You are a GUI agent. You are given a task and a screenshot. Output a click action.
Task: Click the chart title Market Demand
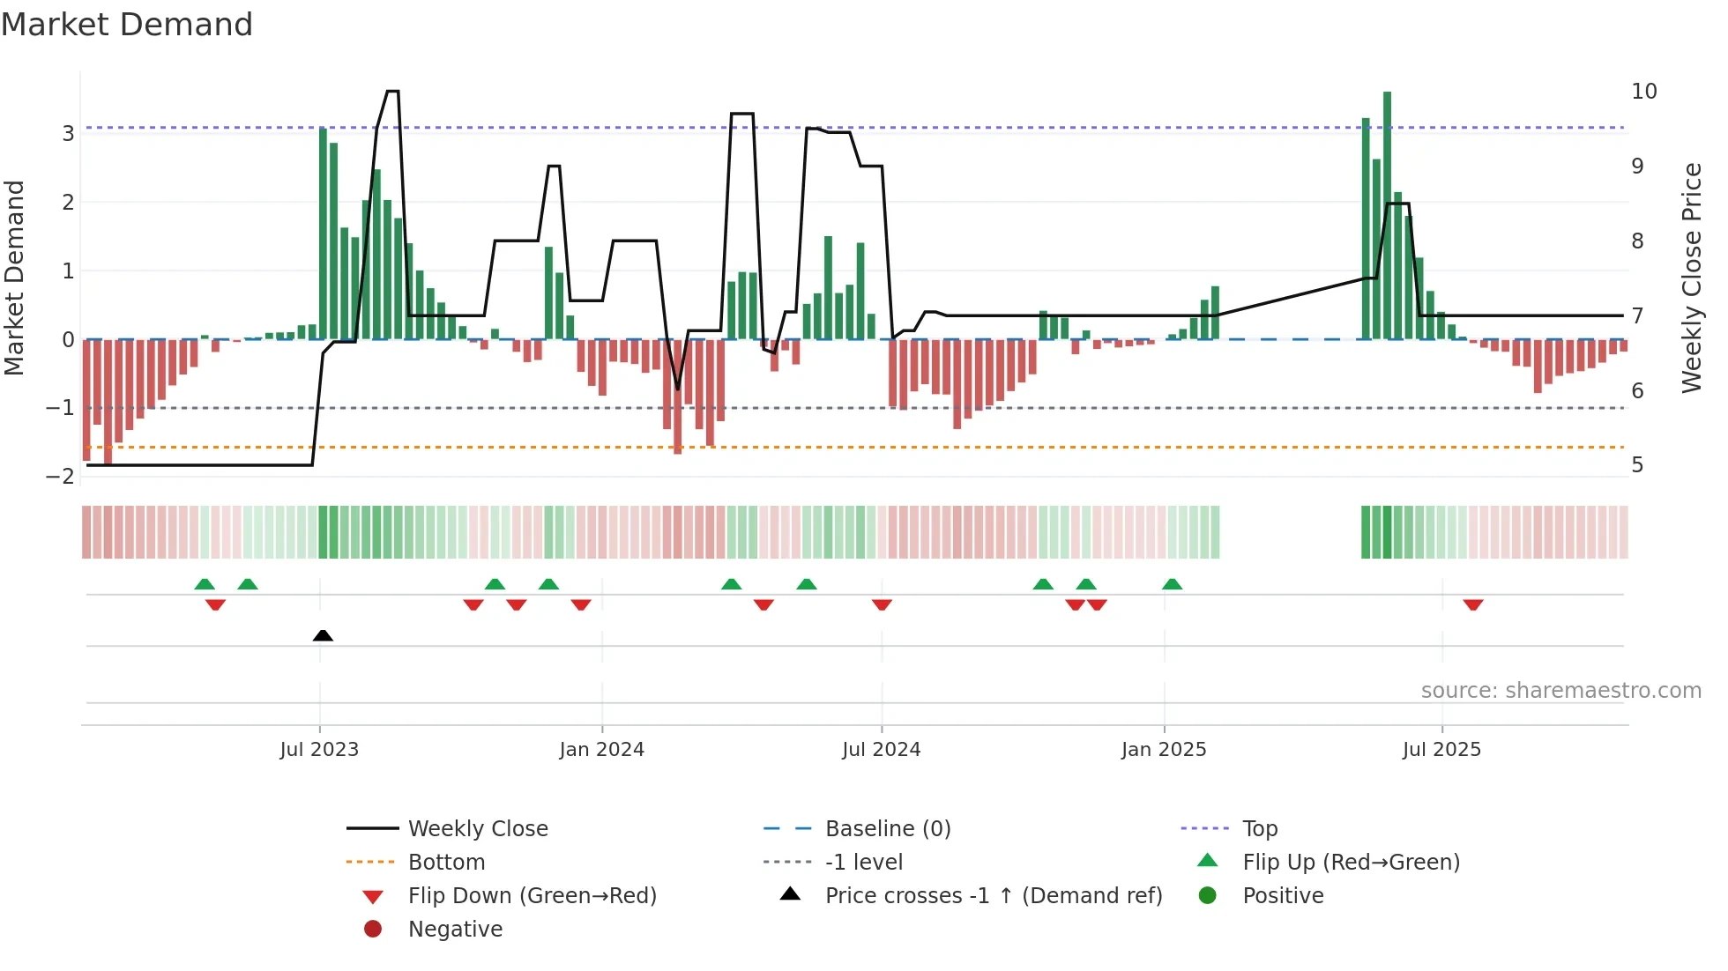(127, 25)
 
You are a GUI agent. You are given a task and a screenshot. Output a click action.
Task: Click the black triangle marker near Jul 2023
(323, 635)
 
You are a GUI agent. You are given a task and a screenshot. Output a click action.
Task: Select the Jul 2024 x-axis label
(881, 750)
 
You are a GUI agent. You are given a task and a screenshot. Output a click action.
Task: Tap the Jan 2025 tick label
(1164, 750)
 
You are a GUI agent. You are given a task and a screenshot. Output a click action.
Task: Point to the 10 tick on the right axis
(1643, 92)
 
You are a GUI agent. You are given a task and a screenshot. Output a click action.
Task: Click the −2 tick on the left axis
(61, 477)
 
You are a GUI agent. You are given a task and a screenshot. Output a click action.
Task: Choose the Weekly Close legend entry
(477, 829)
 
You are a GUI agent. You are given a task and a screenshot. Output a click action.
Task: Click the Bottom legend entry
(446, 863)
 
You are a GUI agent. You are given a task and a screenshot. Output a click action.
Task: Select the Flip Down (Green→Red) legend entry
(532, 896)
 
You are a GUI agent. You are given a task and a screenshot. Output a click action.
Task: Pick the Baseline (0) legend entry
(887, 829)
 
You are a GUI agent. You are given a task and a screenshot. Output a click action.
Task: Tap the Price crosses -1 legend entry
(993, 896)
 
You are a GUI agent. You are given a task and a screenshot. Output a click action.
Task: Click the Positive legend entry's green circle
(1208, 896)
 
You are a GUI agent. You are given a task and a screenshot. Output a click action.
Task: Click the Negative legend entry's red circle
(373, 930)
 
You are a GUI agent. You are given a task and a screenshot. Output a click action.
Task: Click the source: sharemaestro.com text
(1560, 691)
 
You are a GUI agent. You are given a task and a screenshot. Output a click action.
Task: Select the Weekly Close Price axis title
(1691, 278)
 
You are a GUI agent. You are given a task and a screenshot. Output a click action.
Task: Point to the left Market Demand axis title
(15, 278)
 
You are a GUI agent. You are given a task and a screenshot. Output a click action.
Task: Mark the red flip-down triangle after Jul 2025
(1473, 604)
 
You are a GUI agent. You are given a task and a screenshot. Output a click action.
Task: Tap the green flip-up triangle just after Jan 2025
(1172, 584)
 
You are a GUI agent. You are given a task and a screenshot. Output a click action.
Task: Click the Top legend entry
(1259, 829)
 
